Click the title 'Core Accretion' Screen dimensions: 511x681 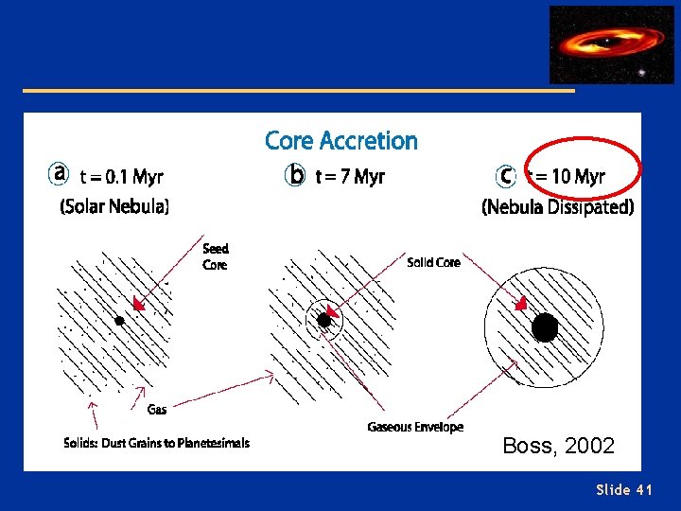tap(340, 141)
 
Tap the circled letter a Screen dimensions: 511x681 tap(60, 175)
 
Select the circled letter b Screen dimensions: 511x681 tap(296, 176)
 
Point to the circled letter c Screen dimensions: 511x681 tap(506, 176)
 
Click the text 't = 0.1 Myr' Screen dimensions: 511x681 tap(121, 177)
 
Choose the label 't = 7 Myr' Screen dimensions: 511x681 tap(350, 177)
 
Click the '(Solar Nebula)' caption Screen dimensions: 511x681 tap(114, 206)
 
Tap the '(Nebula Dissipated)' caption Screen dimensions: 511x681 tap(557, 207)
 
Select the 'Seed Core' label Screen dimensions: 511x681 tap(216, 256)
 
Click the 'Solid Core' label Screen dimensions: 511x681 tap(433, 262)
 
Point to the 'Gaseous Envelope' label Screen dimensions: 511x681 tap(415, 427)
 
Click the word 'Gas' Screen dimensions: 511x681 tap(157, 409)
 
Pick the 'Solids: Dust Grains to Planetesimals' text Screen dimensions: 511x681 tap(156, 443)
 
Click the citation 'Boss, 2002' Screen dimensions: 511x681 tap(558, 446)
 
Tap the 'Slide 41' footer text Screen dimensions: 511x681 tap(624, 489)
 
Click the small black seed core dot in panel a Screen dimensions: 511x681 tap(119, 321)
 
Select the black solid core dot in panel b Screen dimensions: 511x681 tap(324, 321)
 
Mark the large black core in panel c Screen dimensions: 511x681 tap(545, 327)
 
